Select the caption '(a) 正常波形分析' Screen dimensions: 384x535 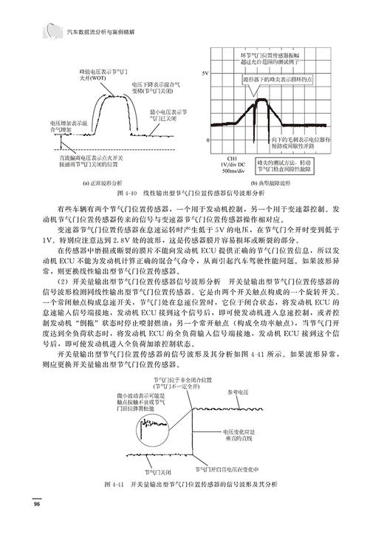104,182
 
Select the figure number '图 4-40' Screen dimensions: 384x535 130,192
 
